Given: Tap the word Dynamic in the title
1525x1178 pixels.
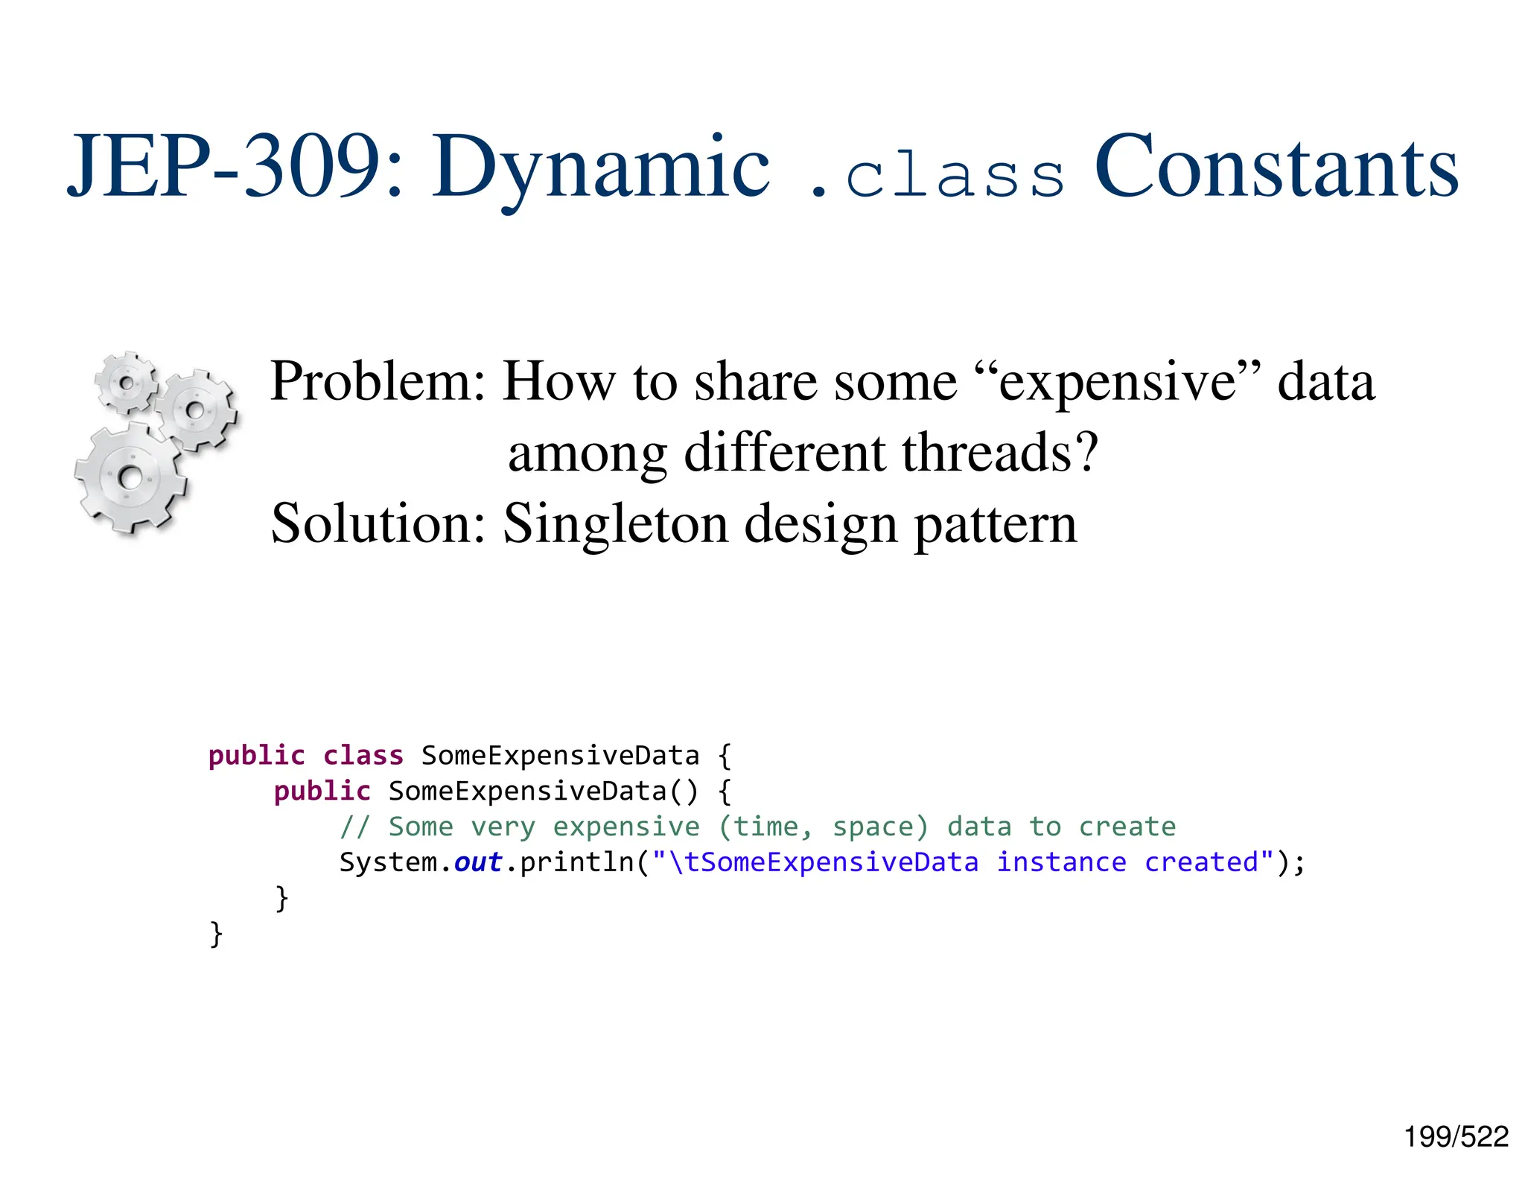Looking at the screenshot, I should click(x=601, y=168).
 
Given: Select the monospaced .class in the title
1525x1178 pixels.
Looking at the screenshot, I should click(x=937, y=176).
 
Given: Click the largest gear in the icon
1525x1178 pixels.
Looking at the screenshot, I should click(x=130, y=477).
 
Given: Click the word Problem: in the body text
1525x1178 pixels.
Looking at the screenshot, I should click(x=378, y=382).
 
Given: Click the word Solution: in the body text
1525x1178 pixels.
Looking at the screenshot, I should click(x=378, y=523).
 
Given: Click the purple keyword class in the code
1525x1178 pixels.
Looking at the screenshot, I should click(x=363, y=756).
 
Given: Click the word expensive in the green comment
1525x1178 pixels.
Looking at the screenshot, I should click(x=625, y=827).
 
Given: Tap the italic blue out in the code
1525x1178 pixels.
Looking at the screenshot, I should click(x=478, y=862).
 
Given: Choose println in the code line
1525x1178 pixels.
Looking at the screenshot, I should click(x=577, y=862).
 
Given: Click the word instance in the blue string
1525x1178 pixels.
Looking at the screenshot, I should click(x=1061, y=862).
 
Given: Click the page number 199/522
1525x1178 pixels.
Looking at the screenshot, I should click(x=1456, y=1137).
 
